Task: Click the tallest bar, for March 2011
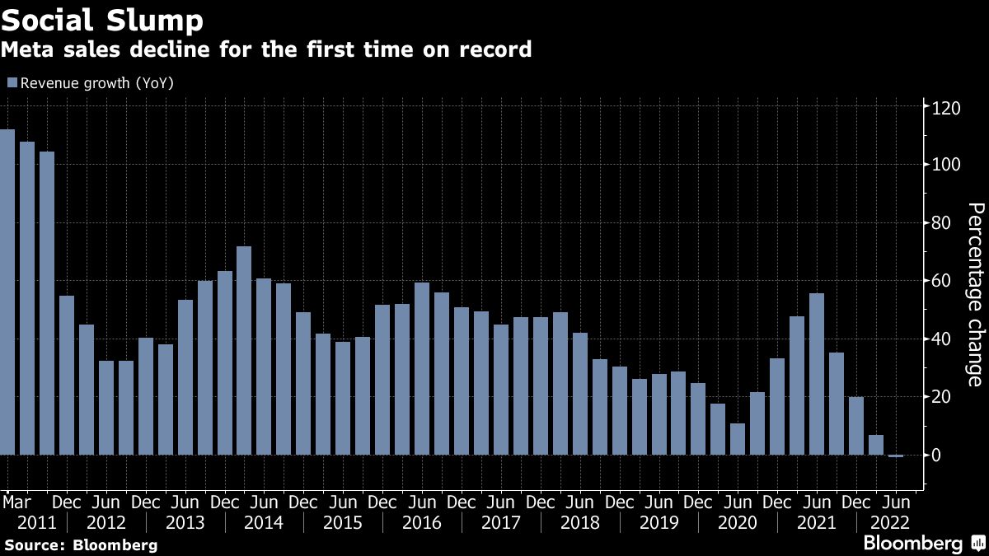point(7,292)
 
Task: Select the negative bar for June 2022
point(896,456)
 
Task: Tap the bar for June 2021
point(817,374)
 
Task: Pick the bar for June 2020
point(738,439)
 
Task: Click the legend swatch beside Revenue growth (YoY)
point(12,82)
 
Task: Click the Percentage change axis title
point(974,294)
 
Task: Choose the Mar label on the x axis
point(17,502)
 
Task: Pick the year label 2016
point(422,522)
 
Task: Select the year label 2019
point(659,522)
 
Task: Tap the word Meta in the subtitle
point(24,49)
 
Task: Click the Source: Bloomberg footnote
point(80,544)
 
